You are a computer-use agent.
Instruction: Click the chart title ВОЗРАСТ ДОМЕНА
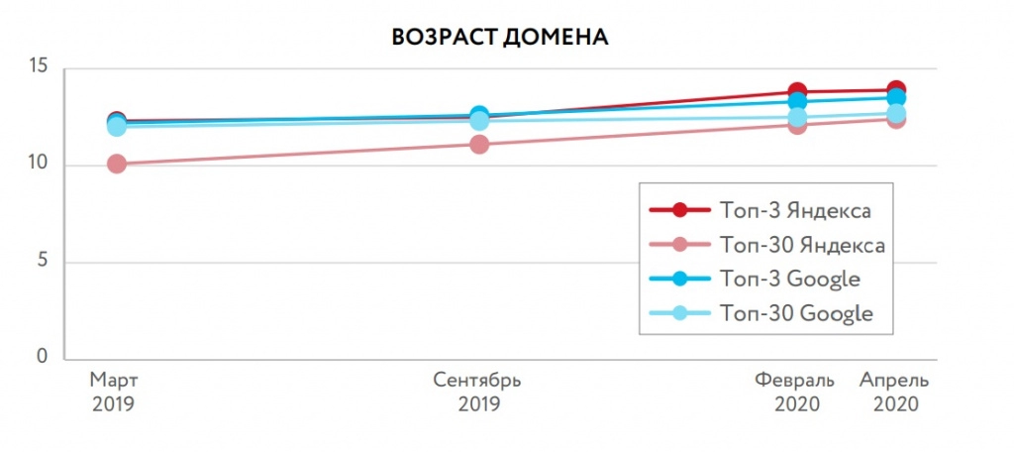pyautogui.click(x=499, y=38)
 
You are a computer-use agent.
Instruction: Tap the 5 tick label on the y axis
pyautogui.click(x=45, y=262)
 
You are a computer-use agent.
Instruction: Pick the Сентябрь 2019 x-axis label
pyautogui.click(x=479, y=393)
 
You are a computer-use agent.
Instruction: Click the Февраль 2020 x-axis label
pyautogui.click(x=795, y=393)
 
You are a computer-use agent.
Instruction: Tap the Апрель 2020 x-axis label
pyautogui.click(x=895, y=393)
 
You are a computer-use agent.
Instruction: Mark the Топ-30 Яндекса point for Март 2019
pyautogui.click(x=117, y=164)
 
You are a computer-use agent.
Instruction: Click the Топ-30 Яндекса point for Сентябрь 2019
pyautogui.click(x=479, y=144)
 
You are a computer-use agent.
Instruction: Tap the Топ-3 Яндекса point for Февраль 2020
pyautogui.click(x=797, y=91)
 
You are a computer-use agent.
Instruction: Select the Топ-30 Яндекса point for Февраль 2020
pyautogui.click(x=797, y=125)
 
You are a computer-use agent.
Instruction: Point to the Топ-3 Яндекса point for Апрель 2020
pyautogui.click(x=896, y=89)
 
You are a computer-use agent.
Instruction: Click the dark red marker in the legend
pyautogui.click(x=679, y=210)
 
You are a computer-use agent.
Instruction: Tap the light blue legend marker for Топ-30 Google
pyautogui.click(x=679, y=313)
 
